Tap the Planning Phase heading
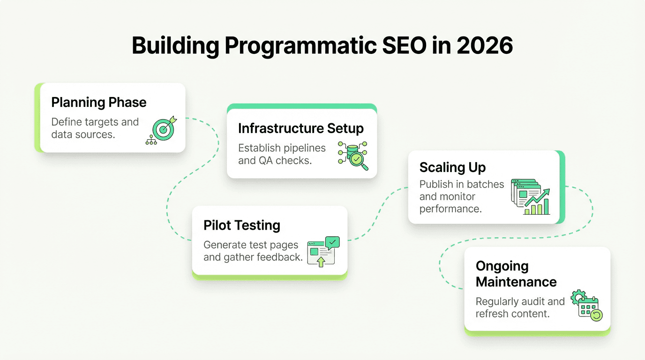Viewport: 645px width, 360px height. point(99,102)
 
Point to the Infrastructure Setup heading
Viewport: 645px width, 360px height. point(301,128)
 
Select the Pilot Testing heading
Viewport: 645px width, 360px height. point(242,225)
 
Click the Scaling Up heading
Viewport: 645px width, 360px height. point(452,167)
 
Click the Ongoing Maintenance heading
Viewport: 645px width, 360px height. point(516,274)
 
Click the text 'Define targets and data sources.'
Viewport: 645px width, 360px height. point(95,128)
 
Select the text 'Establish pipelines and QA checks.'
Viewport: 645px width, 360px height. point(282,154)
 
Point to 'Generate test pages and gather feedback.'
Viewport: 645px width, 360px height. point(253,251)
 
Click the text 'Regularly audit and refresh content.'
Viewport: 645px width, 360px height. point(520,307)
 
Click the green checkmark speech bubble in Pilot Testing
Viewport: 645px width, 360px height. point(332,242)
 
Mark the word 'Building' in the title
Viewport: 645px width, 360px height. point(175,46)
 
